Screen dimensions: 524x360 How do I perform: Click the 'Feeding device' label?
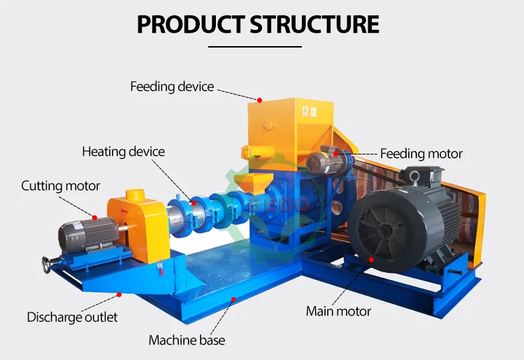point(172,87)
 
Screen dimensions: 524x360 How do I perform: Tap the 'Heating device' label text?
point(123,152)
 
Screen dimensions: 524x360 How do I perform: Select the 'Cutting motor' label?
point(61,186)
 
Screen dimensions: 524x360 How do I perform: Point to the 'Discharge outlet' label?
point(72,317)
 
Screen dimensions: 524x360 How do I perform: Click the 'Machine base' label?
point(187,340)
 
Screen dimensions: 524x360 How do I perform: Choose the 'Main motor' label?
point(339,312)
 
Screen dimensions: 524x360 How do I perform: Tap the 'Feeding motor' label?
point(421,154)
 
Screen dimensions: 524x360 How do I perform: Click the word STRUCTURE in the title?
point(314,24)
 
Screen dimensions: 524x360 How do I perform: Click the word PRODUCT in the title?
point(191,24)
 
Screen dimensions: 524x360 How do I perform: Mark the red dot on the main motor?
point(371,259)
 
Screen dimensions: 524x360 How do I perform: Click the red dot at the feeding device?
point(260,100)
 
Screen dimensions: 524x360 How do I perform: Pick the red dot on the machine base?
point(234,299)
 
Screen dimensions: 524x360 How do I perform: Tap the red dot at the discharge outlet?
point(119,294)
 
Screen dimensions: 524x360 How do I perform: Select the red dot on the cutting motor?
point(94,217)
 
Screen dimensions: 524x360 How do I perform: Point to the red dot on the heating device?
point(194,203)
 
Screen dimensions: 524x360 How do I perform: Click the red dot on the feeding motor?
point(336,154)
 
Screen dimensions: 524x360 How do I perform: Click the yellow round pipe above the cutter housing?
point(135,195)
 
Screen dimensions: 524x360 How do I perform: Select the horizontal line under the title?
point(255,47)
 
